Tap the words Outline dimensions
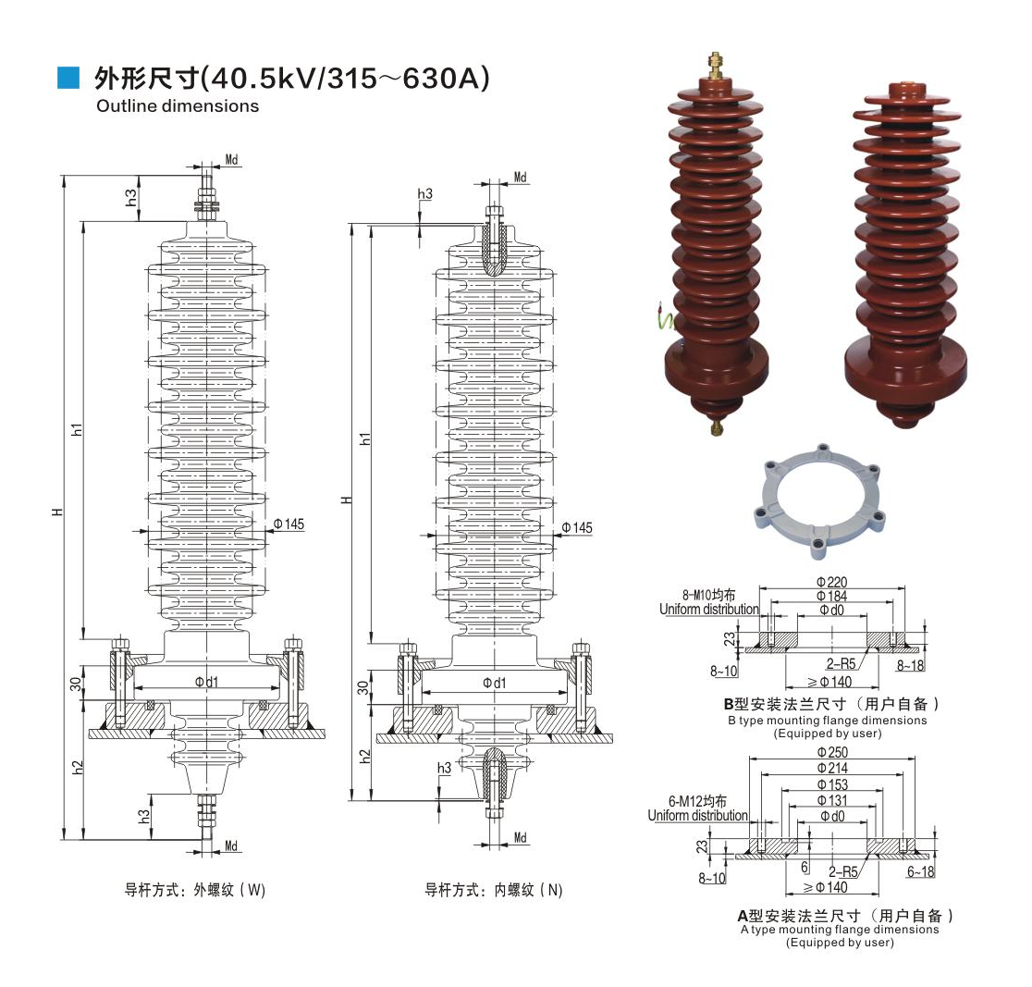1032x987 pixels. click(178, 105)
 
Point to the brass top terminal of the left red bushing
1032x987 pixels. click(714, 66)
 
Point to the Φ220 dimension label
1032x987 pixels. click(831, 581)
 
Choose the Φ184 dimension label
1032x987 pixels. click(831, 596)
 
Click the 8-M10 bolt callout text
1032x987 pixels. click(707, 595)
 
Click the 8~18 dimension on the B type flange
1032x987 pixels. click(910, 665)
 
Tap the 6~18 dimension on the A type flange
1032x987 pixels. click(921, 871)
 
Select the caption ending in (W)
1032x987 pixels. click(195, 891)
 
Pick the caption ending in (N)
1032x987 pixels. click(494, 891)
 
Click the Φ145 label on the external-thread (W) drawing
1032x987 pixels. click(288, 524)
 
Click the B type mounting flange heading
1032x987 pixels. click(826, 705)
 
